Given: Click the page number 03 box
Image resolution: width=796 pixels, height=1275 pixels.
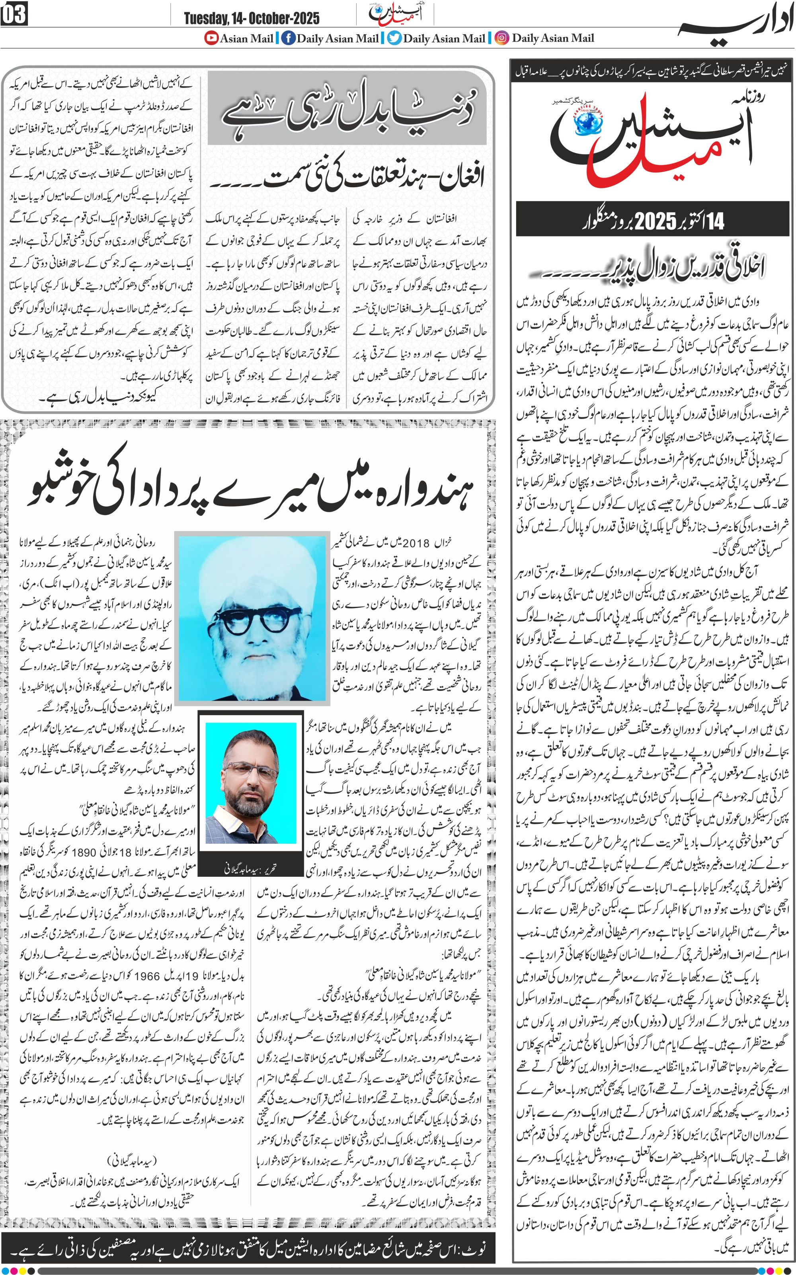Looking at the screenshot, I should click(x=14, y=14).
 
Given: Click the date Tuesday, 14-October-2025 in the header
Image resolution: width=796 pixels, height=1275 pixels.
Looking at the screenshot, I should click(x=251, y=18).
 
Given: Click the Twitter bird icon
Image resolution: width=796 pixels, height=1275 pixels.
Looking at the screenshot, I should click(x=394, y=38).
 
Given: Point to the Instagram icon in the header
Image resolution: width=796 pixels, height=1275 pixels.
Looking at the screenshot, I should click(x=502, y=38).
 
